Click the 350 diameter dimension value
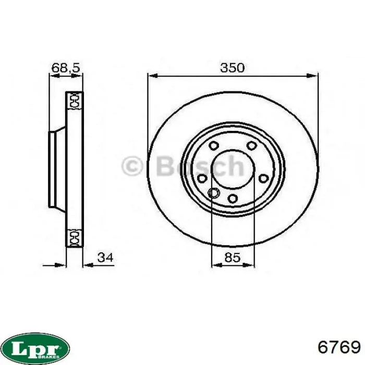(x=233, y=68)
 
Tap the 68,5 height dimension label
(x=66, y=68)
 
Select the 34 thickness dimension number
(x=105, y=258)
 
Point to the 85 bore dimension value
(x=233, y=258)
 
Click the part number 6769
(x=339, y=348)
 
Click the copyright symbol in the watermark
(x=132, y=166)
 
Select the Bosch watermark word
(x=200, y=166)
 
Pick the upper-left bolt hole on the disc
(x=214, y=145)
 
